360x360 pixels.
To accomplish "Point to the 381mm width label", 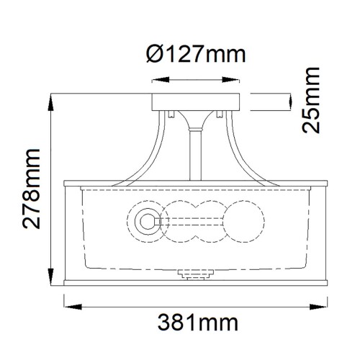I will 190,337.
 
